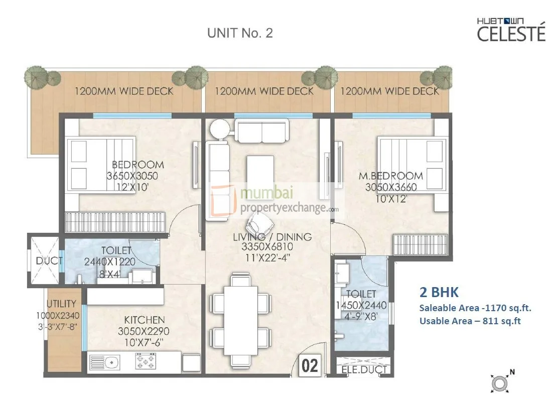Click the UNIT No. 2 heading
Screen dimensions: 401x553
coord(240,34)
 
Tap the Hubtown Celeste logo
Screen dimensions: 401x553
coord(510,30)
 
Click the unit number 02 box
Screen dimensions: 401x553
coord(311,365)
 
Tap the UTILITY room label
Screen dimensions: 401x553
coord(61,304)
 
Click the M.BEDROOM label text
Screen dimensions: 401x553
coord(390,176)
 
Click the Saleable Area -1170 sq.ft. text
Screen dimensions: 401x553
coord(475,308)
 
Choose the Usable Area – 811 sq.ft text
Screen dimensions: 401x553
coord(470,320)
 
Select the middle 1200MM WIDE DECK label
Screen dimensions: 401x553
coord(264,91)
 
